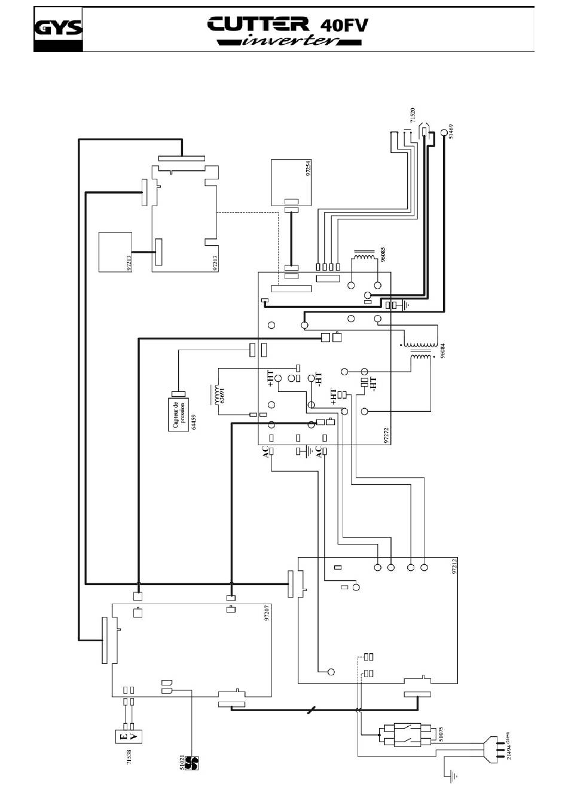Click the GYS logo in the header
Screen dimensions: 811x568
pos(58,29)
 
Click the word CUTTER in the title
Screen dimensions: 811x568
pos(258,25)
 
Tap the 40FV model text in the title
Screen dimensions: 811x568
pos(344,26)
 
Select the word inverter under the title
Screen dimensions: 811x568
pos(290,41)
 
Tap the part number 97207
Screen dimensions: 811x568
pos(267,614)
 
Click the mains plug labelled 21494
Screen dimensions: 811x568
pos(494,749)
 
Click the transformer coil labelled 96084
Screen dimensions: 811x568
pos(420,352)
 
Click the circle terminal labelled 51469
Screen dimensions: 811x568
pos(444,133)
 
